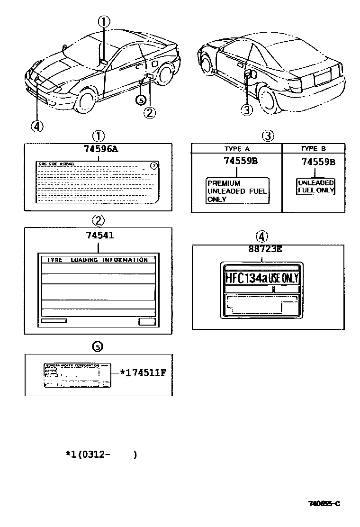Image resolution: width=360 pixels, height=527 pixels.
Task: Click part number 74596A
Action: click(100, 149)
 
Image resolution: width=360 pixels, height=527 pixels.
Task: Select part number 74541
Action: click(100, 235)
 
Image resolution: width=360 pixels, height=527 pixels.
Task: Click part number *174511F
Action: click(143, 372)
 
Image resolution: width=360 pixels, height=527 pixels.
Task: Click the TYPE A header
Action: click(236, 148)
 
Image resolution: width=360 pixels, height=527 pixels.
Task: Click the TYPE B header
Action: click(313, 148)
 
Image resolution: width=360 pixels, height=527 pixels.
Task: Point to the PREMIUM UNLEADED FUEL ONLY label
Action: click(237, 191)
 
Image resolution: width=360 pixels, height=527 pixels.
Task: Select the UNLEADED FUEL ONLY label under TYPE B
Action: click(315, 186)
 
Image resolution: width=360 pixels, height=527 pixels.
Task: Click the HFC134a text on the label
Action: click(246, 278)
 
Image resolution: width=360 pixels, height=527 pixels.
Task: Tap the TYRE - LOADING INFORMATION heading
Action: click(97, 260)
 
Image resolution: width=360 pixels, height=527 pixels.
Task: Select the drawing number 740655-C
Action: click(323, 503)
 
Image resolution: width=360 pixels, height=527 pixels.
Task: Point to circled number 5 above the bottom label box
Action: click(98, 347)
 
